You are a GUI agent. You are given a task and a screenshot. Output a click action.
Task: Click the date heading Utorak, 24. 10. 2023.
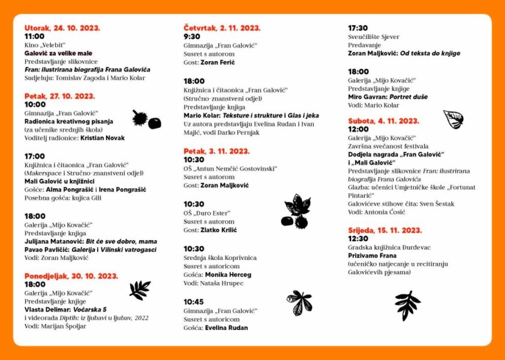62,28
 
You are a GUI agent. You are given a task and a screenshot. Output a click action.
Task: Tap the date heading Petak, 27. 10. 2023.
59,96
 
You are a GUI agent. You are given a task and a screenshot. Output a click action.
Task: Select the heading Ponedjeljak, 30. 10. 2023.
71,276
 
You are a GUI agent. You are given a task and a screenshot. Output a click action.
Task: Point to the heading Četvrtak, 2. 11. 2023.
221,28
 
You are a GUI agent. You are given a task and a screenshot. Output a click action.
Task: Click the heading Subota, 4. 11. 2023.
383,121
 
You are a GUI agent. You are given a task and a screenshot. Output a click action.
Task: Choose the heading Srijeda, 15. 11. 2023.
385,230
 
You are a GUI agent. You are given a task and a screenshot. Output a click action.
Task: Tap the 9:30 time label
192,36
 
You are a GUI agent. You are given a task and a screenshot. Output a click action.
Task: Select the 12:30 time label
358,238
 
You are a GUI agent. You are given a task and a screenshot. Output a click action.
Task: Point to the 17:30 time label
358,28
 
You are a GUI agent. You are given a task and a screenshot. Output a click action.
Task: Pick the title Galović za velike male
58,53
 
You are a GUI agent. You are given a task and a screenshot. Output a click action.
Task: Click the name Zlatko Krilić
218,230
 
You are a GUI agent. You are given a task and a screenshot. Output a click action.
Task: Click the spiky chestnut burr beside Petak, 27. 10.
140,118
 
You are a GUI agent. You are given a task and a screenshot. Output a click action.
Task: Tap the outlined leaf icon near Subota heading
453,119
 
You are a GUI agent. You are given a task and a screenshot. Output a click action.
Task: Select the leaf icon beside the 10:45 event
299,302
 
